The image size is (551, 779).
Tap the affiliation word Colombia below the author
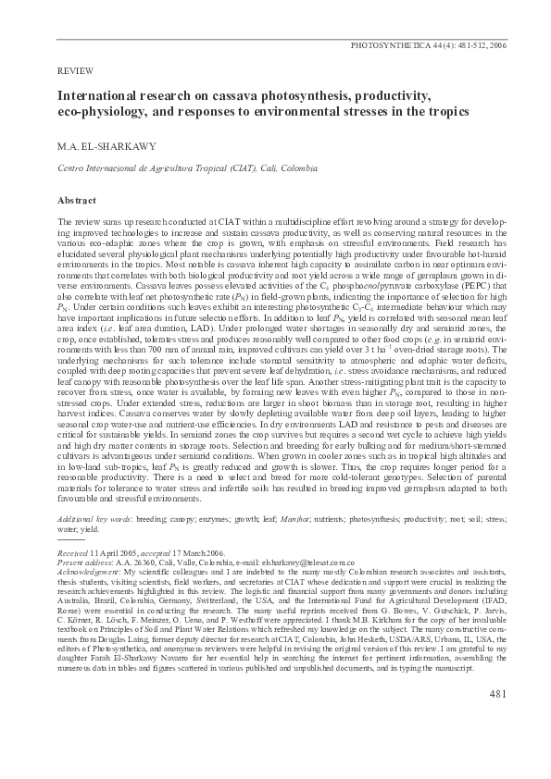coord(298,169)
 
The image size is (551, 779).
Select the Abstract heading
coord(77,200)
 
